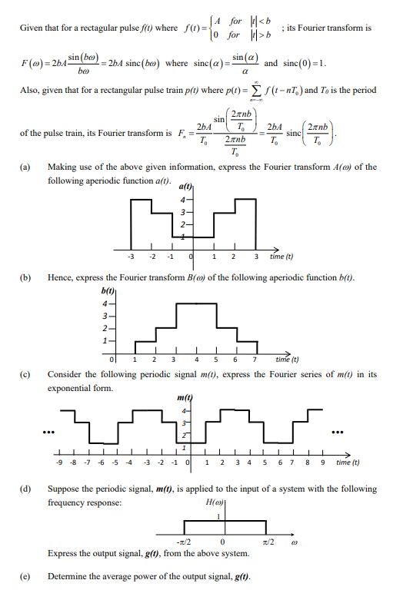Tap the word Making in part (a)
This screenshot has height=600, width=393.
pyautogui.click(x=61, y=167)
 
